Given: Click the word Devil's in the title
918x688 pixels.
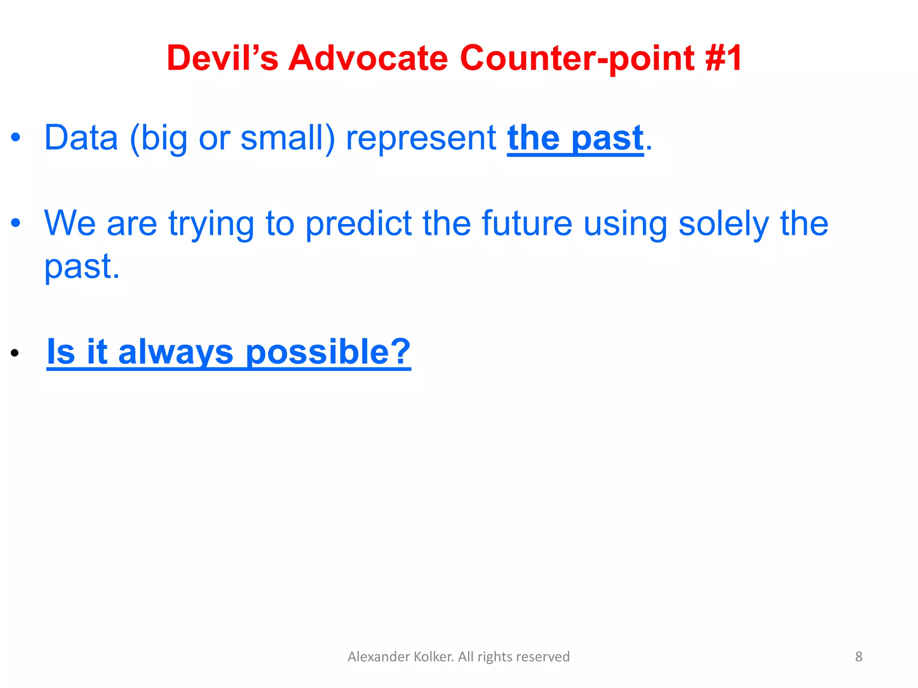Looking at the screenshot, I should tap(222, 58).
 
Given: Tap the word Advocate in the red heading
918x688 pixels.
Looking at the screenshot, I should tap(368, 58).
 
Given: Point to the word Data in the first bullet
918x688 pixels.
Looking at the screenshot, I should tap(81, 138).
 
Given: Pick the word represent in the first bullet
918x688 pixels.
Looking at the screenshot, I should tap(421, 138).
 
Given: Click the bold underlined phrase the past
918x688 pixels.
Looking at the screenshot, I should tap(575, 138).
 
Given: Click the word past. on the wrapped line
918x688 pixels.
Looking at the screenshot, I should tap(82, 267).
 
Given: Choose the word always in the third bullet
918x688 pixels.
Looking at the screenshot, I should tap(176, 352).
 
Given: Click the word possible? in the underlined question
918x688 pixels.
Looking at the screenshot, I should tap(328, 352).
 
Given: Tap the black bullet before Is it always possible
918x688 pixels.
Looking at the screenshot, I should tap(15, 353).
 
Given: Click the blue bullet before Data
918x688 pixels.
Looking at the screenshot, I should tap(16, 138).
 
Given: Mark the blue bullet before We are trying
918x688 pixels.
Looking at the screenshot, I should tap(16, 223).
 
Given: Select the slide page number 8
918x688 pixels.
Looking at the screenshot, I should tap(858, 657).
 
